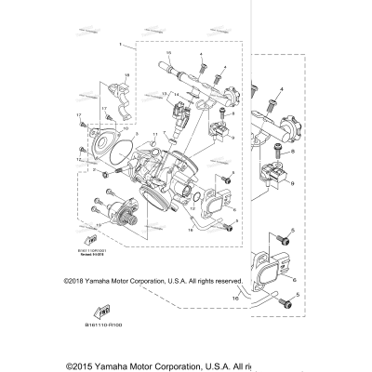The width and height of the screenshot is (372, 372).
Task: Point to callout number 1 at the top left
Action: (x=120, y=44)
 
